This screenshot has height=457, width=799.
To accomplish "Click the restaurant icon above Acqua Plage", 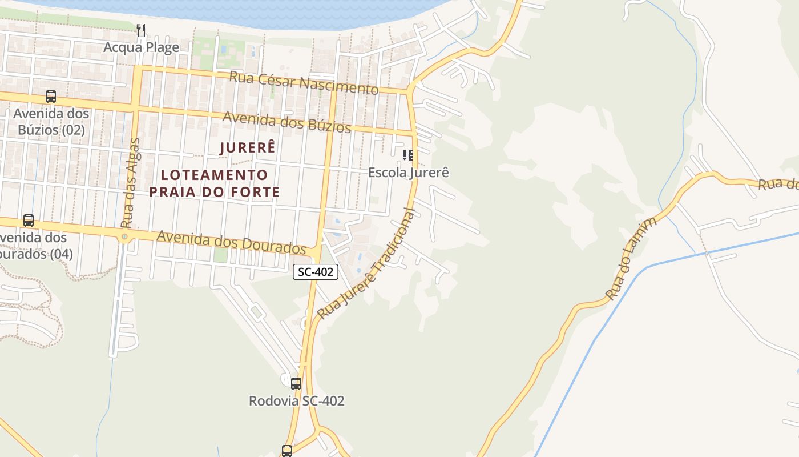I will [141, 30].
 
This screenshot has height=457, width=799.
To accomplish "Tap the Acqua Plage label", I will [141, 47].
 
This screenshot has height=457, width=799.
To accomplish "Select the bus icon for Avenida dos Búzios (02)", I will [51, 97].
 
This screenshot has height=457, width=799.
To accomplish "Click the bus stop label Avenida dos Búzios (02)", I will [51, 122].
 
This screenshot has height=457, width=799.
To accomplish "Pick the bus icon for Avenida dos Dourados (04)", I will [29, 220].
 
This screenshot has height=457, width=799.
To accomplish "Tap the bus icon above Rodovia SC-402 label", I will [296, 383].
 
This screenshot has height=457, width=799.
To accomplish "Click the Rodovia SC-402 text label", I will [296, 401].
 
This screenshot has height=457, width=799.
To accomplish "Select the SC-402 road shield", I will [316, 272].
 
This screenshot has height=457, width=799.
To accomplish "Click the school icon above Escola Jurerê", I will [407, 155].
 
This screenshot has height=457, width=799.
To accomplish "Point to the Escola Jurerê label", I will [408, 172].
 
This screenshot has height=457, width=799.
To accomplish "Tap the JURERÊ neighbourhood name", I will [248, 147].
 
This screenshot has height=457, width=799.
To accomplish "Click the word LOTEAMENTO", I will [215, 175].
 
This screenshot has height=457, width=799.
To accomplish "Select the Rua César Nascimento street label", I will [304, 83].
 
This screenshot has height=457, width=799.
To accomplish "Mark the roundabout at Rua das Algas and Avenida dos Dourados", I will [124, 236].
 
